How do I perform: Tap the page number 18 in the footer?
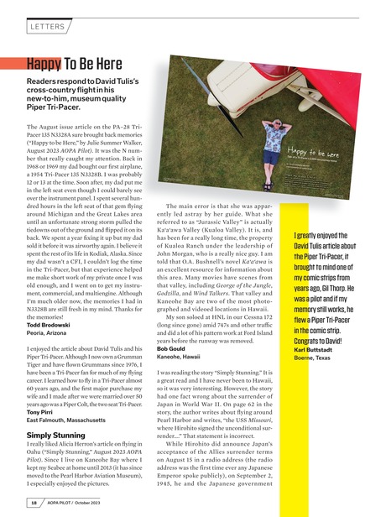coord(31,503)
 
